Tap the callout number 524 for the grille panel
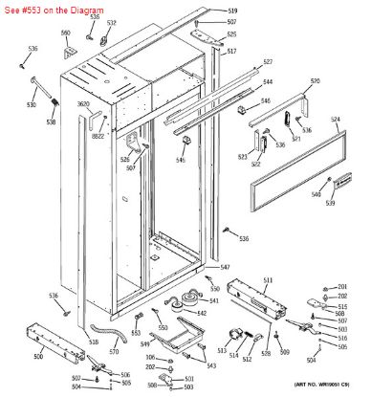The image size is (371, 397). [336, 120]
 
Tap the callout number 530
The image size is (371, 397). [32, 104]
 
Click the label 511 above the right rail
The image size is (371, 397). [268, 279]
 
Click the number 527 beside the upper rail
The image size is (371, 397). [268, 61]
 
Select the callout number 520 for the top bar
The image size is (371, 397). [315, 80]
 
